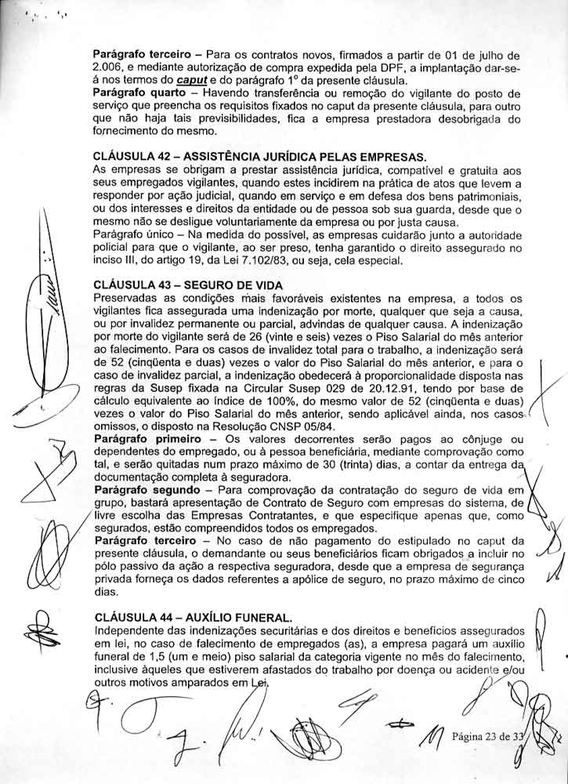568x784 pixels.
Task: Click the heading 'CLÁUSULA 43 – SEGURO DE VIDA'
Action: click(187, 285)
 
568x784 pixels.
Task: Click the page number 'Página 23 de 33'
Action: click(487, 736)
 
